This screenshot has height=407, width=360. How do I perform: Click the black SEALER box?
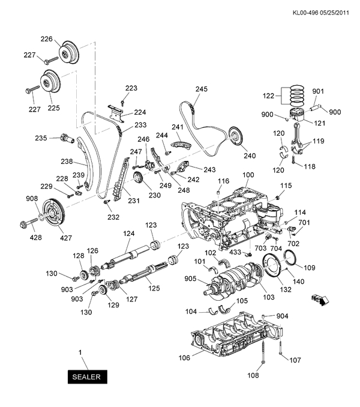tap(88, 377)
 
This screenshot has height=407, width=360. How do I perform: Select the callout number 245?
tap(201, 89)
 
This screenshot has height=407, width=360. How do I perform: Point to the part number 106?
tap(184, 358)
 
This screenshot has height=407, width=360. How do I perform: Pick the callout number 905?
tap(190, 279)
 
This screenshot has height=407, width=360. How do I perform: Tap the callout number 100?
tap(248, 175)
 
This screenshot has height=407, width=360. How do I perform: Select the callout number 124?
tap(128, 234)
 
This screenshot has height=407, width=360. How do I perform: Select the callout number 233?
tap(140, 125)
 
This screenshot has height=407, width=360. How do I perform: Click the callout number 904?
tap(283, 316)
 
